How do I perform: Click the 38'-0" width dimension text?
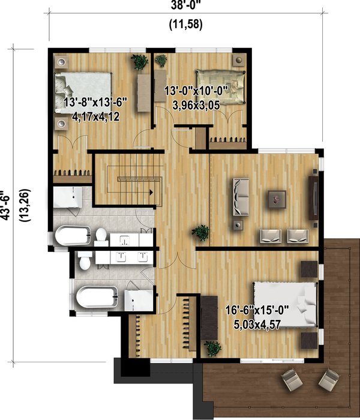(185, 5)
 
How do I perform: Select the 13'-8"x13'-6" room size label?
(95, 103)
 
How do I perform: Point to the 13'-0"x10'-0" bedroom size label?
(196, 91)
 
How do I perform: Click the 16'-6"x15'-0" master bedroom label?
(257, 310)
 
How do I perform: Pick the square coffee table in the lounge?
(277, 199)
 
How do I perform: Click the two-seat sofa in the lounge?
(241, 197)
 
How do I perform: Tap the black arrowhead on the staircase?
(151, 192)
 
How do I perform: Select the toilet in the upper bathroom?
(101, 235)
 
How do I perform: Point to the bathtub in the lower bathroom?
(97, 297)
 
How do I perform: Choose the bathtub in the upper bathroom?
(73, 235)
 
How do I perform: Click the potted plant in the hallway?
(200, 233)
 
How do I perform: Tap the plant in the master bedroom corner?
(213, 348)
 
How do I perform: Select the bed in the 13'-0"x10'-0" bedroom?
(220, 87)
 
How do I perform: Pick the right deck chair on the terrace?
(329, 377)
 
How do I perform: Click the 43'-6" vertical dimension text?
(6, 205)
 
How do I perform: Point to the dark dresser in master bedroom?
(209, 318)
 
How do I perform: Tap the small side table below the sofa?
(238, 225)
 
